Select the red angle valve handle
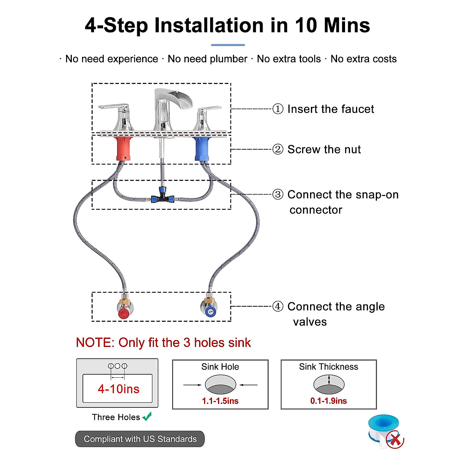[123, 314]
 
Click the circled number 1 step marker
[278, 109]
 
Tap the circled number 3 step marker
[278, 195]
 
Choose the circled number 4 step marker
[278, 306]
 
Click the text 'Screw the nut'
[324, 149]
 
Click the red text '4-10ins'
[119, 389]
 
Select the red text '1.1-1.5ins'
[220, 401]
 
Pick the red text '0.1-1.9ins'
[329, 401]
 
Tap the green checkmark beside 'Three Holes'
[147, 416]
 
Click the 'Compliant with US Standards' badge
[140, 439]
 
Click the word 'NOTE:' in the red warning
[95, 342]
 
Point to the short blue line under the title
[228, 45]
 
